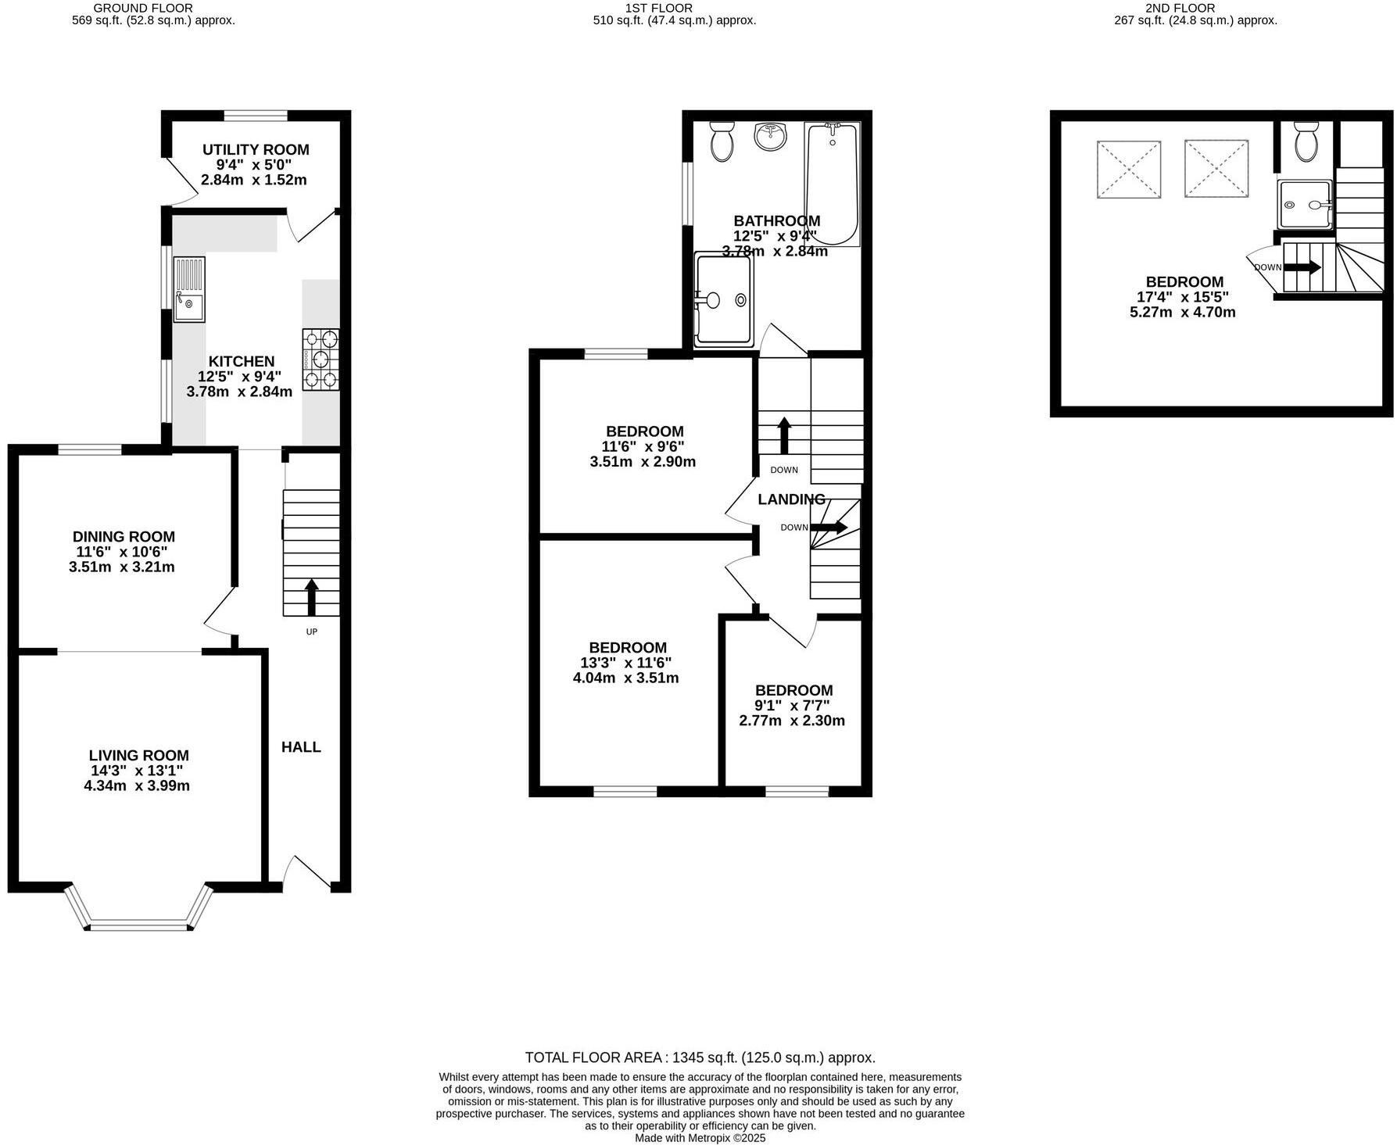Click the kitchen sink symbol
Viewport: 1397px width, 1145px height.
coord(188,289)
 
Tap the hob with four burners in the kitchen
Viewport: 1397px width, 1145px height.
coord(321,360)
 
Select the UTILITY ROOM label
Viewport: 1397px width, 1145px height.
coord(256,149)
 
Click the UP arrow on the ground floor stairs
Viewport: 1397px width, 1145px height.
coord(311,598)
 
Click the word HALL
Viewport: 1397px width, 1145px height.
coord(301,747)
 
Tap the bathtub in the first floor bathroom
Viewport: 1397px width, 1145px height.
coord(831,184)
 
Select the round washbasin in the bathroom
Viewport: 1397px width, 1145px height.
coord(771,138)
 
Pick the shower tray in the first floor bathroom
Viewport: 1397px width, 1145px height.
coord(724,299)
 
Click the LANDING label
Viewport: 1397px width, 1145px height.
coord(790,499)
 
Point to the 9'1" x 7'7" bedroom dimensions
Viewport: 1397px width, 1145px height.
coord(793,706)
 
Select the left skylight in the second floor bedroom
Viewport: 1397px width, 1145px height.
coord(1128,169)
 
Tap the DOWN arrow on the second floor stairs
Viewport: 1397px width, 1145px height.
coord(1302,267)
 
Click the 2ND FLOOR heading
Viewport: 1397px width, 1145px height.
coord(1195,8)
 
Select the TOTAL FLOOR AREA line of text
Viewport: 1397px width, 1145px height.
coord(700,1057)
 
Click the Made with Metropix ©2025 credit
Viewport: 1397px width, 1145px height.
coord(700,1138)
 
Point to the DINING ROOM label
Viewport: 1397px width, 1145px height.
coord(124,537)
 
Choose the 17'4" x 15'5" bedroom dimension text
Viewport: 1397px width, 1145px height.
coord(1184,297)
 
